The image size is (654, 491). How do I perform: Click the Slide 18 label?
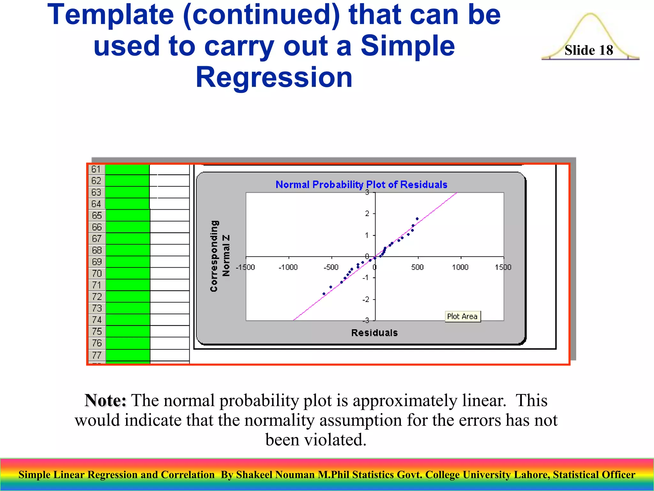click(589, 50)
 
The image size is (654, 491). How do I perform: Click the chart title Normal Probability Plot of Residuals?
click(361, 184)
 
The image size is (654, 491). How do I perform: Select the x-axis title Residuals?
click(374, 333)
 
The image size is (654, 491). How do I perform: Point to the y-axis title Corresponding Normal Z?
click(220, 256)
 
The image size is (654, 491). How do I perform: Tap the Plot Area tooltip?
click(462, 316)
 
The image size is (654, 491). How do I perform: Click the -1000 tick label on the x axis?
click(288, 267)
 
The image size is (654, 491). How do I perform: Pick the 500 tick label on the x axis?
click(417, 267)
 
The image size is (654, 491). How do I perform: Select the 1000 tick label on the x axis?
click(460, 267)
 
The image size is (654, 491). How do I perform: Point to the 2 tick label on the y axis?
click(367, 213)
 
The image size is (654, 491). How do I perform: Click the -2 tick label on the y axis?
click(366, 300)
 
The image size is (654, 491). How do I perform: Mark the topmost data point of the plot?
click(417, 219)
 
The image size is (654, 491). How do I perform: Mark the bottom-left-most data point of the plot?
click(324, 293)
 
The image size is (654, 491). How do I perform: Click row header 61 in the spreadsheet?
click(96, 169)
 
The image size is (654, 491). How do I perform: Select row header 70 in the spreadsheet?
click(97, 273)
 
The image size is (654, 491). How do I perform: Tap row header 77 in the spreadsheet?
click(97, 355)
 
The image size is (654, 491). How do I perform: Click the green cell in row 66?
click(128, 227)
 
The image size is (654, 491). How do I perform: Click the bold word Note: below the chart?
click(105, 400)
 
